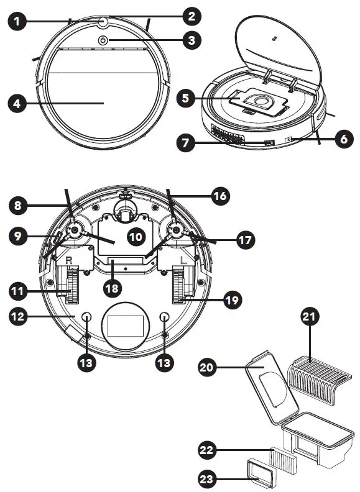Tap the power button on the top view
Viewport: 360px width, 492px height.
click(x=103, y=40)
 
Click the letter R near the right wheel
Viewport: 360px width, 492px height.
click(x=68, y=255)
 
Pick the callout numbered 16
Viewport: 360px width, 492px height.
click(x=218, y=197)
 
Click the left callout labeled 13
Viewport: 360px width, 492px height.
click(x=87, y=362)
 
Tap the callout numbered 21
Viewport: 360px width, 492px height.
click(x=310, y=318)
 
